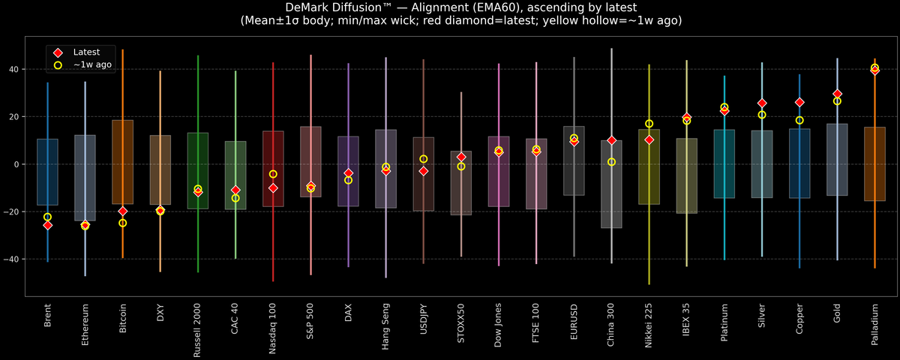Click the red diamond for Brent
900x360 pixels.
click(47, 225)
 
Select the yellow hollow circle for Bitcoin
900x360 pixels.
click(122, 223)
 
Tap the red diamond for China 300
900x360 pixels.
click(611, 140)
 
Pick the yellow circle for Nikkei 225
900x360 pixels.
click(649, 124)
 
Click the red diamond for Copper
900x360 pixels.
click(799, 102)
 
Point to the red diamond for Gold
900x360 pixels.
click(837, 94)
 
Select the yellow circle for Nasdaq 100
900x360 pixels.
click(273, 174)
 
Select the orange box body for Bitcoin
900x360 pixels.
click(122, 162)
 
